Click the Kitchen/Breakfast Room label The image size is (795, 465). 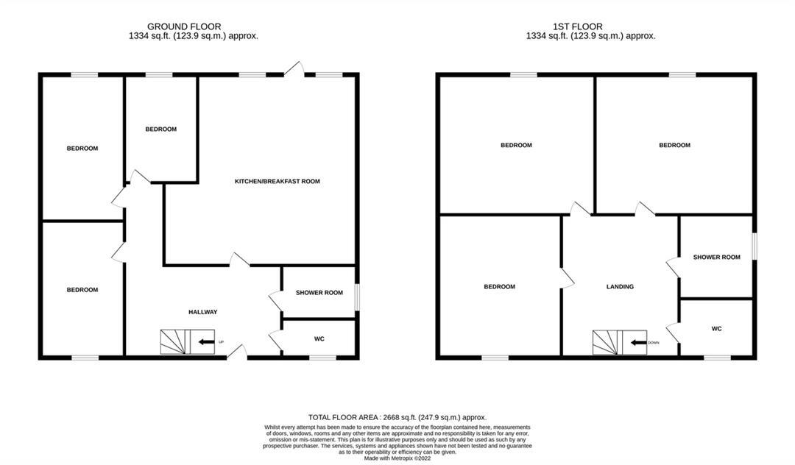277,181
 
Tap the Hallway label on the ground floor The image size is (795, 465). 202,312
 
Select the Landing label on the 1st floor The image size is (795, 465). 620,287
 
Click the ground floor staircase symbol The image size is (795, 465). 176,341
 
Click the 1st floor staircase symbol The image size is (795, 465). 608,342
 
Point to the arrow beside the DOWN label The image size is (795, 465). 637,342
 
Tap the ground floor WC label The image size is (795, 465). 319,339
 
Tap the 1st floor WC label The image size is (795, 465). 716,329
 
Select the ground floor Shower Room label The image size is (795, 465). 319,293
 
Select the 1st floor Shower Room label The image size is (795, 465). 716,257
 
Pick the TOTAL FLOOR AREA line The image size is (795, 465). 397,417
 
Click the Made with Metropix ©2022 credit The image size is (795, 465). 397,458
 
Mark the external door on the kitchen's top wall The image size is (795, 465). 294,69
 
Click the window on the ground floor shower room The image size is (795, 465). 357,297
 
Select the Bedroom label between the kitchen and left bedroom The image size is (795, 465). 160,129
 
